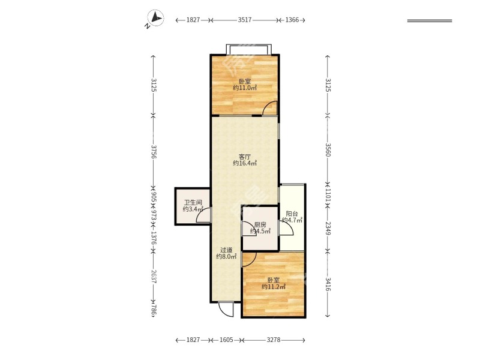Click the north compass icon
coord(155,18)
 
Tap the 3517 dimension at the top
coord(245,20)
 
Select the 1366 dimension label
coord(292,20)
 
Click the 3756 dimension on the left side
coord(154,152)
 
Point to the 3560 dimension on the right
coord(328,149)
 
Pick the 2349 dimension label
coord(328,229)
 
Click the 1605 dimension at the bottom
coord(226,340)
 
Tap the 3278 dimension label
coord(274,340)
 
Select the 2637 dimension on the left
coord(154,277)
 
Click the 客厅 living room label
coord(245,157)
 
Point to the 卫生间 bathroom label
coord(193,203)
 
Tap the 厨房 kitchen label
coord(260,224)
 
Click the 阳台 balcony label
coord(292,214)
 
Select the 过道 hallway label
coord(226,250)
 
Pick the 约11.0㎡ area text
coord(245,88)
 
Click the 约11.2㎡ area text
coord(274,287)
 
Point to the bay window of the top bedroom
coord(248,49)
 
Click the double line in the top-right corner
coord(430,21)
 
